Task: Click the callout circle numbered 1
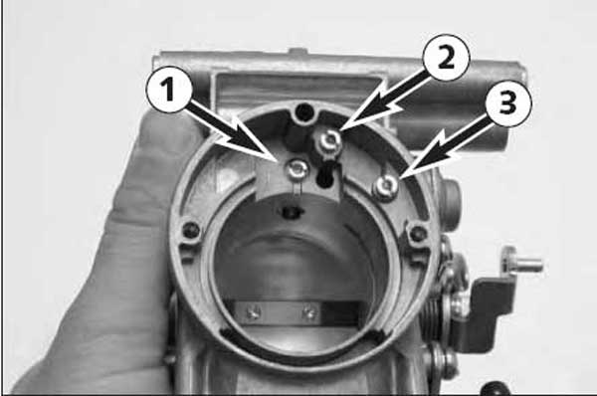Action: pos(169,91)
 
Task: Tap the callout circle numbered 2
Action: pos(447,59)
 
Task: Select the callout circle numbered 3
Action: pos(507,102)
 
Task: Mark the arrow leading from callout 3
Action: pos(445,146)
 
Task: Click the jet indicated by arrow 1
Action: pos(298,169)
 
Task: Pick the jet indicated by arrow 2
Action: pos(329,140)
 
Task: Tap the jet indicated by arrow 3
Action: pos(386,186)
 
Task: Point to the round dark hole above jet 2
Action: pos(304,112)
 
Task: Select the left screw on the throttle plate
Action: pos(253,313)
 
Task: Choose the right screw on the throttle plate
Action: pos(309,313)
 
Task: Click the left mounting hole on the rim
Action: pos(190,230)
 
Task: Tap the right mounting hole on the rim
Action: pos(420,232)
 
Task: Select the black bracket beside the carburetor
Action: pos(483,309)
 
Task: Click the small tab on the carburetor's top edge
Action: pos(298,51)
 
